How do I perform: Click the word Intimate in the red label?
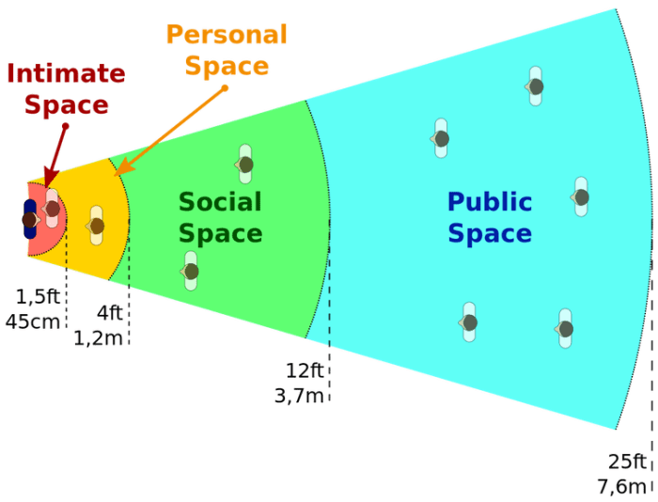(67, 73)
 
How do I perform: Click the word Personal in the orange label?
(227, 35)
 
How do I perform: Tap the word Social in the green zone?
(220, 202)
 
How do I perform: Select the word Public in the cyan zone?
(490, 202)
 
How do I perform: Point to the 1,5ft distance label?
(38, 297)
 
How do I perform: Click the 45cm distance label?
(33, 322)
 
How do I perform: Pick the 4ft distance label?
(110, 313)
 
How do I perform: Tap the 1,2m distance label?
(98, 338)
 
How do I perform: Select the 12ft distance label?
(305, 370)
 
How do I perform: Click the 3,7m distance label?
(299, 396)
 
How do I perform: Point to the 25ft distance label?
(627, 462)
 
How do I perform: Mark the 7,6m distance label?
(622, 487)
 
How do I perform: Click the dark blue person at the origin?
(30, 219)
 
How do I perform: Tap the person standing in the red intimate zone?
(51, 209)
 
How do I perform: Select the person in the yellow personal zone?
(96, 226)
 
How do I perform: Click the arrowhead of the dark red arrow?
(51, 178)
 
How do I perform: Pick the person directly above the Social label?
(244, 165)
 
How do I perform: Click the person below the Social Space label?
(190, 271)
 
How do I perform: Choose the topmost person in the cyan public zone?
(535, 86)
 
